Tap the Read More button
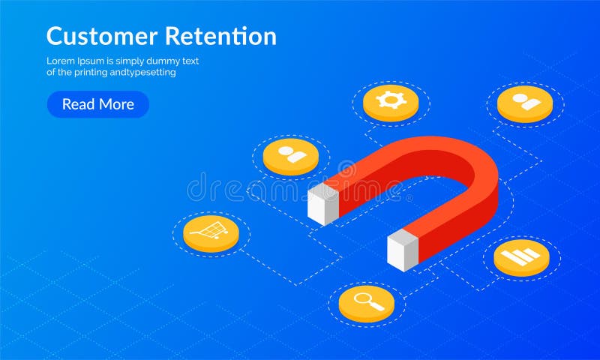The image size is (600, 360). (x=98, y=104)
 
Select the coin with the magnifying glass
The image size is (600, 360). (x=366, y=303)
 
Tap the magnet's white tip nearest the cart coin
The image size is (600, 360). (x=323, y=203)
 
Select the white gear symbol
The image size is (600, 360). (x=391, y=99)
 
